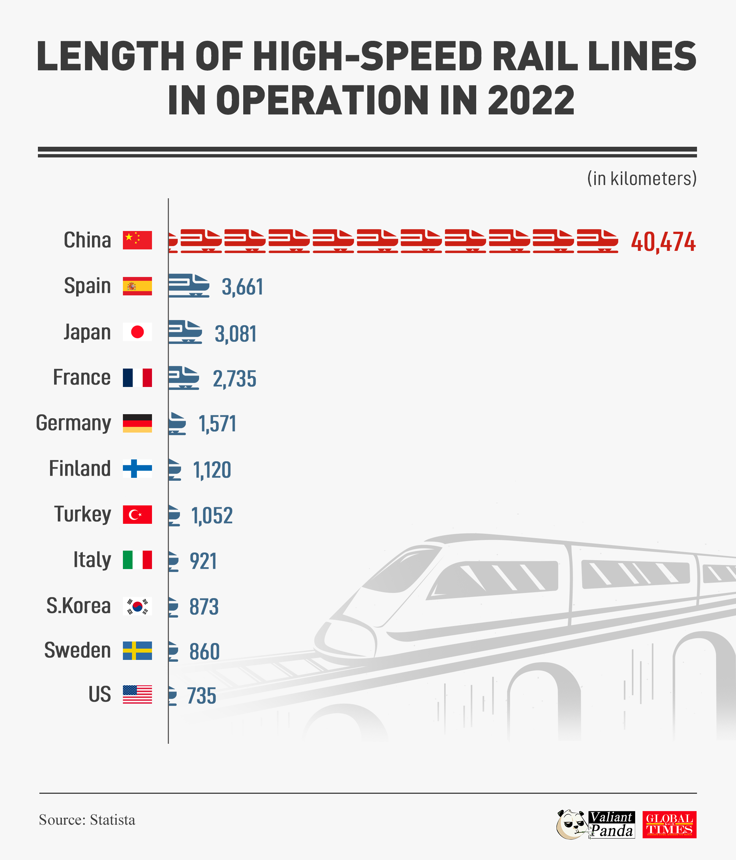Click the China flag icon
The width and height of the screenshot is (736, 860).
(x=137, y=240)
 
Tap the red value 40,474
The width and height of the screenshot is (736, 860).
(x=662, y=242)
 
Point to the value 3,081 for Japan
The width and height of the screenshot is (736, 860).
(x=236, y=334)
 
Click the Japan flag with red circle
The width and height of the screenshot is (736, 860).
(x=137, y=332)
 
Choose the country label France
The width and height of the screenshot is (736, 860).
(x=82, y=377)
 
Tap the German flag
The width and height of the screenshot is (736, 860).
(x=137, y=423)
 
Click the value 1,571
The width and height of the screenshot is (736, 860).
(x=217, y=424)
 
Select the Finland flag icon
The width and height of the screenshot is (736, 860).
(x=137, y=469)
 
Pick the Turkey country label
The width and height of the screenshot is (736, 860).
(x=83, y=514)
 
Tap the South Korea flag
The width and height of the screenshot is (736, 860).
(x=137, y=606)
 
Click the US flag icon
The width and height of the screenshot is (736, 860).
(x=137, y=694)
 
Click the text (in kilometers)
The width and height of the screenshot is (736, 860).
(x=641, y=178)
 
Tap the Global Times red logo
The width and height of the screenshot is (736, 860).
(x=669, y=824)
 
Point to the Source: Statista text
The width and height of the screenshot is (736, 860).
(x=87, y=820)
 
